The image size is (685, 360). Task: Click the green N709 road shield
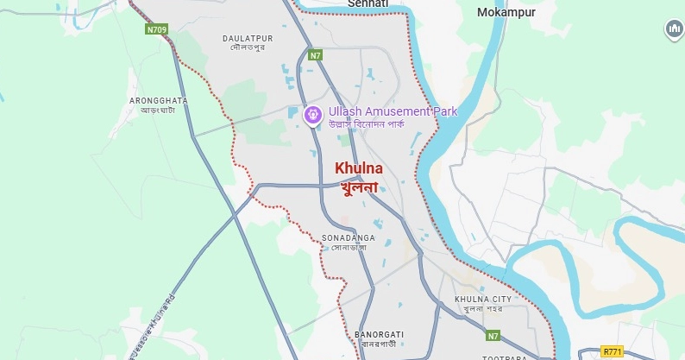click(156, 29)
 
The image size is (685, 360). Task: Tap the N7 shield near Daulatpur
click(316, 54)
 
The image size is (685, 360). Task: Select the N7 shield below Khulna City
click(493, 335)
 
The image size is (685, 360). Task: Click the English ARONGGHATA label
click(158, 100)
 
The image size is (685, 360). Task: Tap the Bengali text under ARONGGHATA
click(158, 111)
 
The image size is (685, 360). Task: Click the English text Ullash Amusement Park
click(393, 111)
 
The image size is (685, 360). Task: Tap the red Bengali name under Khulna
click(359, 186)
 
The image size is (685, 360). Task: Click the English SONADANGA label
click(349, 237)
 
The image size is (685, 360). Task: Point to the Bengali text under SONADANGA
click(349, 247)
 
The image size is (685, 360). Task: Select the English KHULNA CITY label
click(483, 299)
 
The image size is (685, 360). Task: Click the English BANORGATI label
click(379, 333)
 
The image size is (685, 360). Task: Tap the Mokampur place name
click(506, 12)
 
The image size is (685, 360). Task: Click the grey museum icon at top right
click(674, 30)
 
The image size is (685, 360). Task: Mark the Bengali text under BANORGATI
click(379, 344)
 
